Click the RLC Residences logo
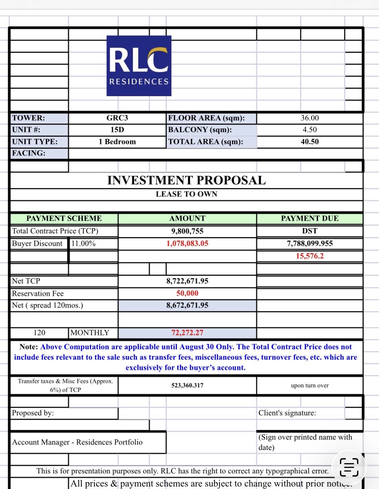(139, 66)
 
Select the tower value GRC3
(117, 118)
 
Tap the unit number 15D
(117, 130)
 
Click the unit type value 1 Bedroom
(117, 142)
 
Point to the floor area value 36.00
(310, 118)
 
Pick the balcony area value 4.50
(310, 130)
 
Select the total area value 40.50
(310, 142)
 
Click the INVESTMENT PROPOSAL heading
(186, 180)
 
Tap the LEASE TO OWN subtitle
(186, 194)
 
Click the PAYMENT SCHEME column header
(64, 218)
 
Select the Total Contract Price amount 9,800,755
(187, 231)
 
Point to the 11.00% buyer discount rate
(83, 243)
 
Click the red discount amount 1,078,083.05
(187, 243)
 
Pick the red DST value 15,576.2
(310, 256)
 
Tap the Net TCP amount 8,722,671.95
(187, 281)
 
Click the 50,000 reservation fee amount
(187, 293)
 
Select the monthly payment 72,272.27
(187, 333)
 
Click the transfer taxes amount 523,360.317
(187, 385)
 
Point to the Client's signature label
(287, 413)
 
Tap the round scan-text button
(349, 467)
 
